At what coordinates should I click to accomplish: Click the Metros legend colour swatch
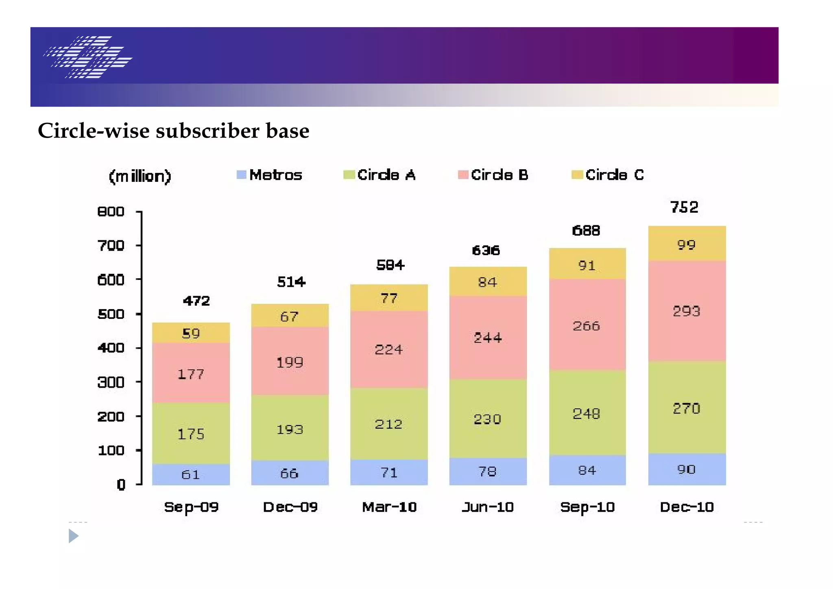(241, 175)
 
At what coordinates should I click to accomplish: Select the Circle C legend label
(614, 175)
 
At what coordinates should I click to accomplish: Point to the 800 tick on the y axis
(111, 212)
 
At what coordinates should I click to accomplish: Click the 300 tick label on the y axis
(111, 382)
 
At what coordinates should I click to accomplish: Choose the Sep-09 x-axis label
(191, 507)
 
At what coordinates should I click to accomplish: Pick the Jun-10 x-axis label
(488, 507)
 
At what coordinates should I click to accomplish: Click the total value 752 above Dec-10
(684, 207)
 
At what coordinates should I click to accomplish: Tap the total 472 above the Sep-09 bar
(196, 301)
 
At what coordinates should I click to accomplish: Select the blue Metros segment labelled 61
(191, 474)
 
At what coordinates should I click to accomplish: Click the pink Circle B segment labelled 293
(687, 311)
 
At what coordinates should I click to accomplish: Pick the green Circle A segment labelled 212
(388, 424)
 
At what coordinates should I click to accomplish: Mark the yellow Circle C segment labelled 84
(487, 282)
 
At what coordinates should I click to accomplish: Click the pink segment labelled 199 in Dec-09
(290, 362)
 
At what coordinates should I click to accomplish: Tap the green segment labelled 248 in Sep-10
(587, 414)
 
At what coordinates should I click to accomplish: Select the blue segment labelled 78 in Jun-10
(487, 471)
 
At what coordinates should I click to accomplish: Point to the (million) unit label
(140, 177)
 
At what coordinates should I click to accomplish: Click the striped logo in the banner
(87, 57)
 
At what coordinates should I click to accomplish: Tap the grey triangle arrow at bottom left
(73, 536)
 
